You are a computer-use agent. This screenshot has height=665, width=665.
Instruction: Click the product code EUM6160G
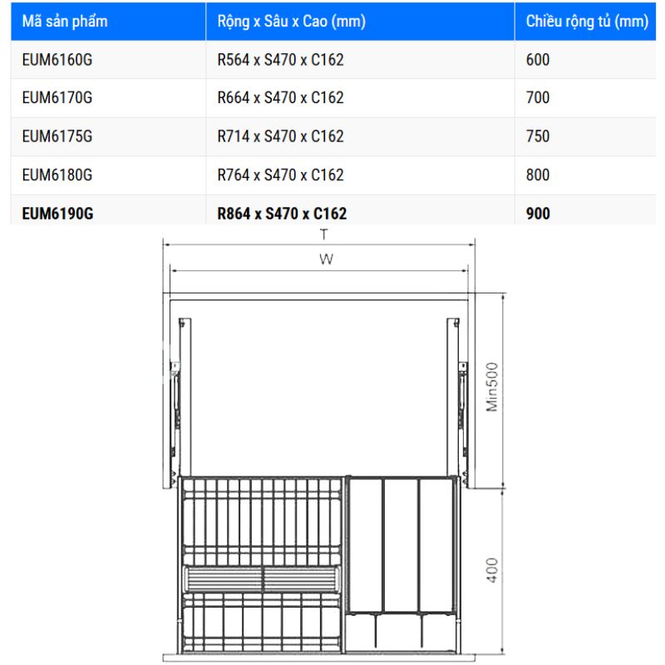(57, 60)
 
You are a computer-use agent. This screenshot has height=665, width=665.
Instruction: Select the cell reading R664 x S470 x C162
(280, 98)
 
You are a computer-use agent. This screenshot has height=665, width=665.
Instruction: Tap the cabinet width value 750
(538, 136)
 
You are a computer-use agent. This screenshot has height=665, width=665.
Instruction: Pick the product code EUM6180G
(57, 175)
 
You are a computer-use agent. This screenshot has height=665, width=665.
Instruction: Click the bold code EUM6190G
(57, 214)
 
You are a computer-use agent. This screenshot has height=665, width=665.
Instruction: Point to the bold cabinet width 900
(538, 214)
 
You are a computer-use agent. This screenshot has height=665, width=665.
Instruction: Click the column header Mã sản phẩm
(65, 22)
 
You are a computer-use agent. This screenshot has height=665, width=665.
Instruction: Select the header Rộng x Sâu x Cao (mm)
(291, 22)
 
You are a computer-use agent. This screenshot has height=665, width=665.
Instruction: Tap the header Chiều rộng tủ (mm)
(587, 22)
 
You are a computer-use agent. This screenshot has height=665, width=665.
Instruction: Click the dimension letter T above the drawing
(323, 235)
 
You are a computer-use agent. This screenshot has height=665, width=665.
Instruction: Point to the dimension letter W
(326, 259)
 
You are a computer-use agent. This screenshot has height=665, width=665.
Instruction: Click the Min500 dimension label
(491, 387)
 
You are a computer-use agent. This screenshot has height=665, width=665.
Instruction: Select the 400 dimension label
(492, 569)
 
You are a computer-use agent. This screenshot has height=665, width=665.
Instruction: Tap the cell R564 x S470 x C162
(280, 60)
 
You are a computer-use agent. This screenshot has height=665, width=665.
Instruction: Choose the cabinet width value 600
(538, 60)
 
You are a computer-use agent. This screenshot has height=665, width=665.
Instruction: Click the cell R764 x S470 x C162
(280, 175)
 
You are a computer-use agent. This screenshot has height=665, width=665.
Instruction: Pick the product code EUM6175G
(57, 136)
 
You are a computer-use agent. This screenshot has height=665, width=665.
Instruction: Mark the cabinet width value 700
(538, 98)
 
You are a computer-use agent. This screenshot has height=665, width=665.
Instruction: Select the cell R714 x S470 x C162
(280, 136)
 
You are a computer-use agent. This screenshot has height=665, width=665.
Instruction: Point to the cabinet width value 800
(538, 175)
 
